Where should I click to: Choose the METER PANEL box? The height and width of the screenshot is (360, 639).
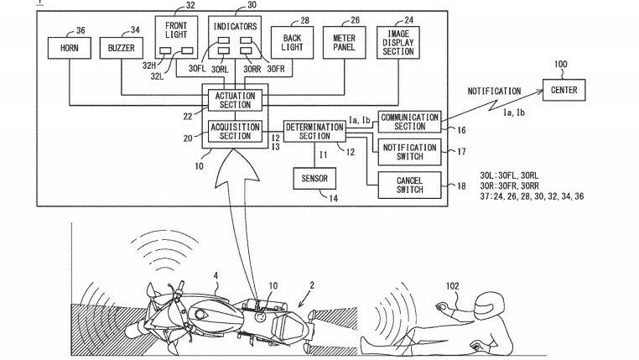[344, 42]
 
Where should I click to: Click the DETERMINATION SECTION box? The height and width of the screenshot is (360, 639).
[314, 131]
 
